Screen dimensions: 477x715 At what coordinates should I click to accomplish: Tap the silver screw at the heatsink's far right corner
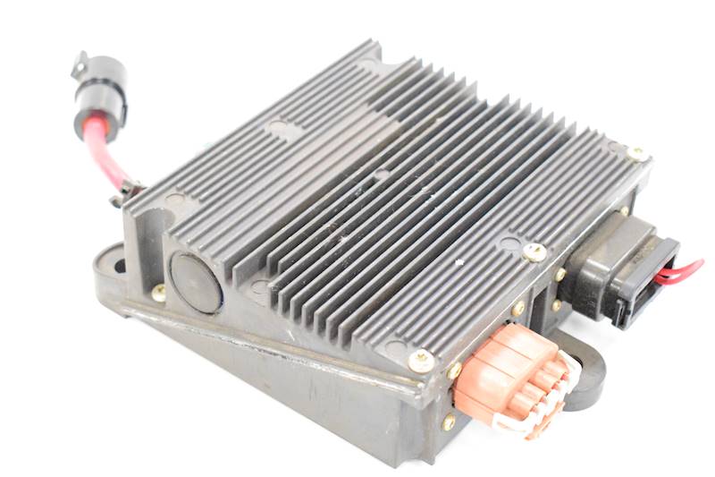click(x=637, y=154)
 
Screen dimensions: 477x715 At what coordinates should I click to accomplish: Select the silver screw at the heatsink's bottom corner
click(x=419, y=359)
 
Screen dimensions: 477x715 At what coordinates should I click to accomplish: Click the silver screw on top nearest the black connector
click(x=534, y=252)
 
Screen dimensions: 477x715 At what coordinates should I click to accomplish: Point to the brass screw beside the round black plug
click(x=158, y=293)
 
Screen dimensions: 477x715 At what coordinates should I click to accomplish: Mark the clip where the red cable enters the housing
click(x=128, y=191)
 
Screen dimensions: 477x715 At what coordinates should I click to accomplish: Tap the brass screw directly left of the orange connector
click(x=454, y=370)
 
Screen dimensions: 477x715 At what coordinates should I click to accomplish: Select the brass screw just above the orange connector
click(x=517, y=309)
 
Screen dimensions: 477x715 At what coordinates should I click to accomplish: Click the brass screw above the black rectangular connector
click(x=623, y=212)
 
